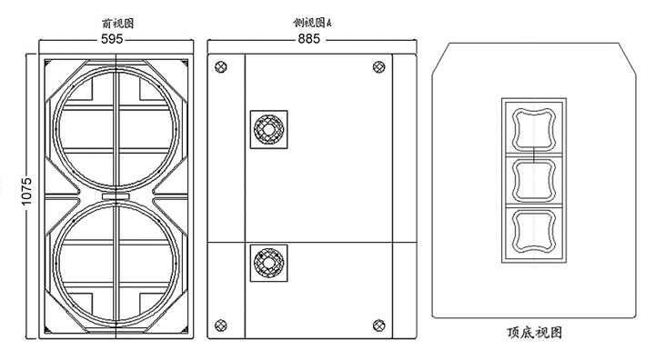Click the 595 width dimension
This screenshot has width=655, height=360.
pyautogui.click(x=112, y=39)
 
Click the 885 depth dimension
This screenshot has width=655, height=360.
pyautogui.click(x=309, y=39)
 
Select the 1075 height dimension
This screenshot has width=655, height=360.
pyautogui.click(x=26, y=191)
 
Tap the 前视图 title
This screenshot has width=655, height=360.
pyautogui.click(x=118, y=24)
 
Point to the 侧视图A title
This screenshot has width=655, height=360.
pyautogui.click(x=312, y=23)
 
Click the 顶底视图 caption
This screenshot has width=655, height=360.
pyautogui.click(x=534, y=333)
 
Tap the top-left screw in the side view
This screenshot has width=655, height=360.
pyautogui.click(x=220, y=67)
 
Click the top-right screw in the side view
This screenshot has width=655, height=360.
pyautogui.click(x=378, y=67)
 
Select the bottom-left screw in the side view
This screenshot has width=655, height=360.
pyautogui.click(x=220, y=325)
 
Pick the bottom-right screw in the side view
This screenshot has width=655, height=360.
pyautogui.click(x=378, y=325)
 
